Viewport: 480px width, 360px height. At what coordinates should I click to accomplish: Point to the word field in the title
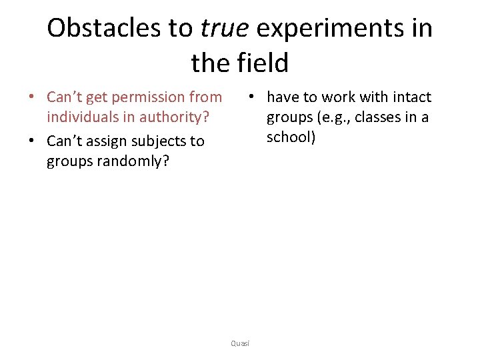click(x=264, y=63)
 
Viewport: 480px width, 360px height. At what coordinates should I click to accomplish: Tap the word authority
click(x=175, y=118)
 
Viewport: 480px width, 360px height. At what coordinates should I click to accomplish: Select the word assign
click(x=107, y=141)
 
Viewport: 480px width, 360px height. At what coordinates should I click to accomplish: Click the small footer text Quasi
click(x=239, y=343)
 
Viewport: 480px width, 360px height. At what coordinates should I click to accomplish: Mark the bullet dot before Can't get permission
click(x=31, y=98)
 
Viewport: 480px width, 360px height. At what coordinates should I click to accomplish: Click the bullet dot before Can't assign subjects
click(x=31, y=141)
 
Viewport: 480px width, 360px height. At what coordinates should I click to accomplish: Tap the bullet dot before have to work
click(x=251, y=97)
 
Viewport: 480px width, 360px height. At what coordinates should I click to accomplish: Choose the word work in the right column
click(x=339, y=97)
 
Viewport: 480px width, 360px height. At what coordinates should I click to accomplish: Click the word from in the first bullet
click(x=205, y=97)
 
